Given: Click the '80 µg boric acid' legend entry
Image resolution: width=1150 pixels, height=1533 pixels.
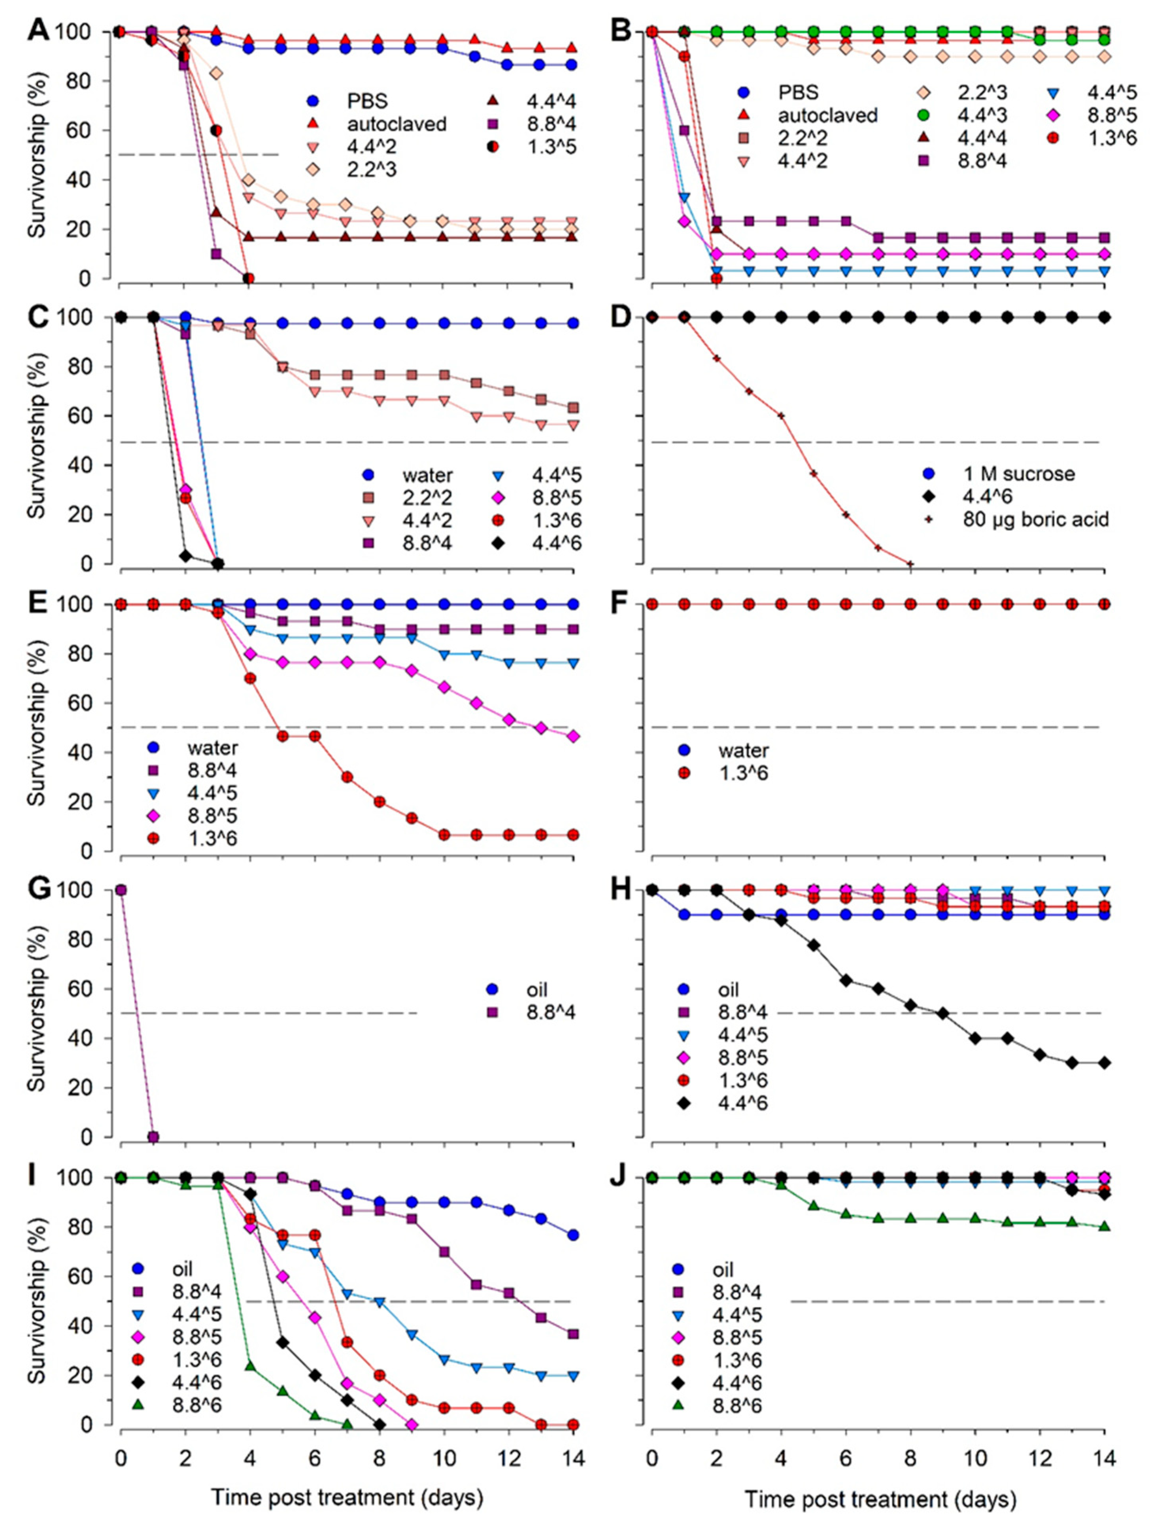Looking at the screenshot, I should (x=1036, y=519).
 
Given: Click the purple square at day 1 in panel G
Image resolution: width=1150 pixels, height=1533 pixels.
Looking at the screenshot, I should (x=153, y=1137).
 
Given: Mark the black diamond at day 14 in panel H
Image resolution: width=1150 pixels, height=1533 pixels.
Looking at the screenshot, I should (x=1104, y=1063).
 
